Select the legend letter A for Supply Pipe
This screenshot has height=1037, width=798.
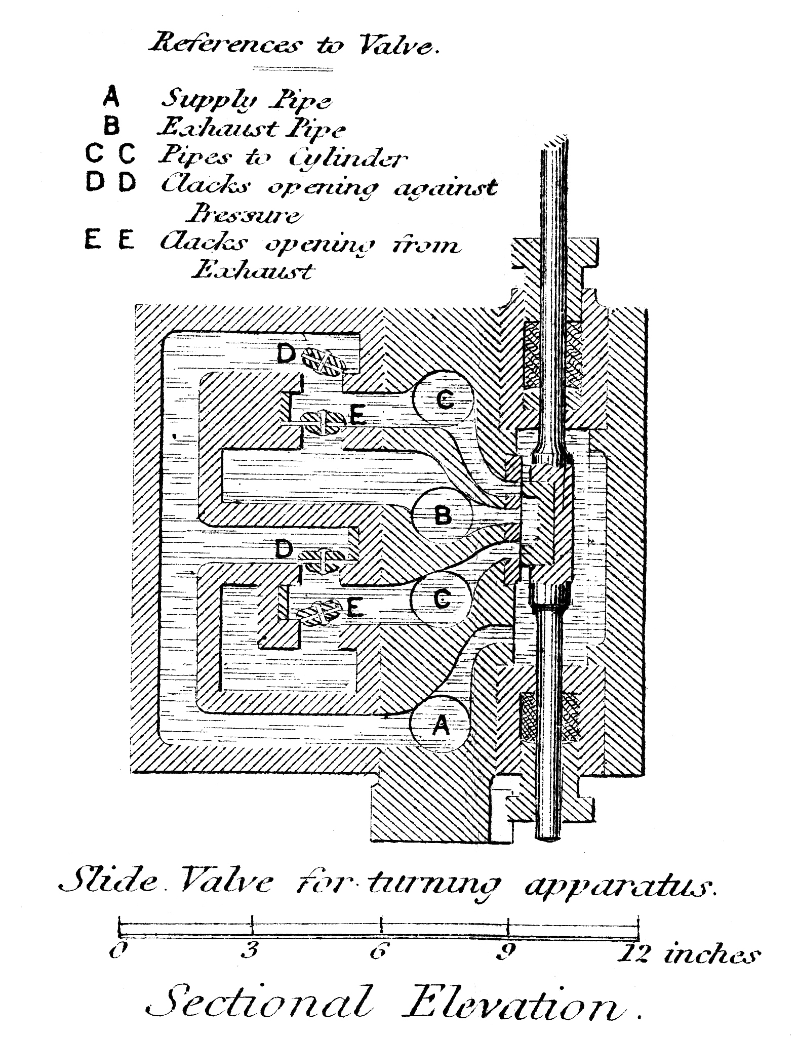pos(111,97)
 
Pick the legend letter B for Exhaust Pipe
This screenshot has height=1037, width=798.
pos(111,126)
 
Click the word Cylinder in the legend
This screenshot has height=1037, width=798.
pos(348,159)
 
